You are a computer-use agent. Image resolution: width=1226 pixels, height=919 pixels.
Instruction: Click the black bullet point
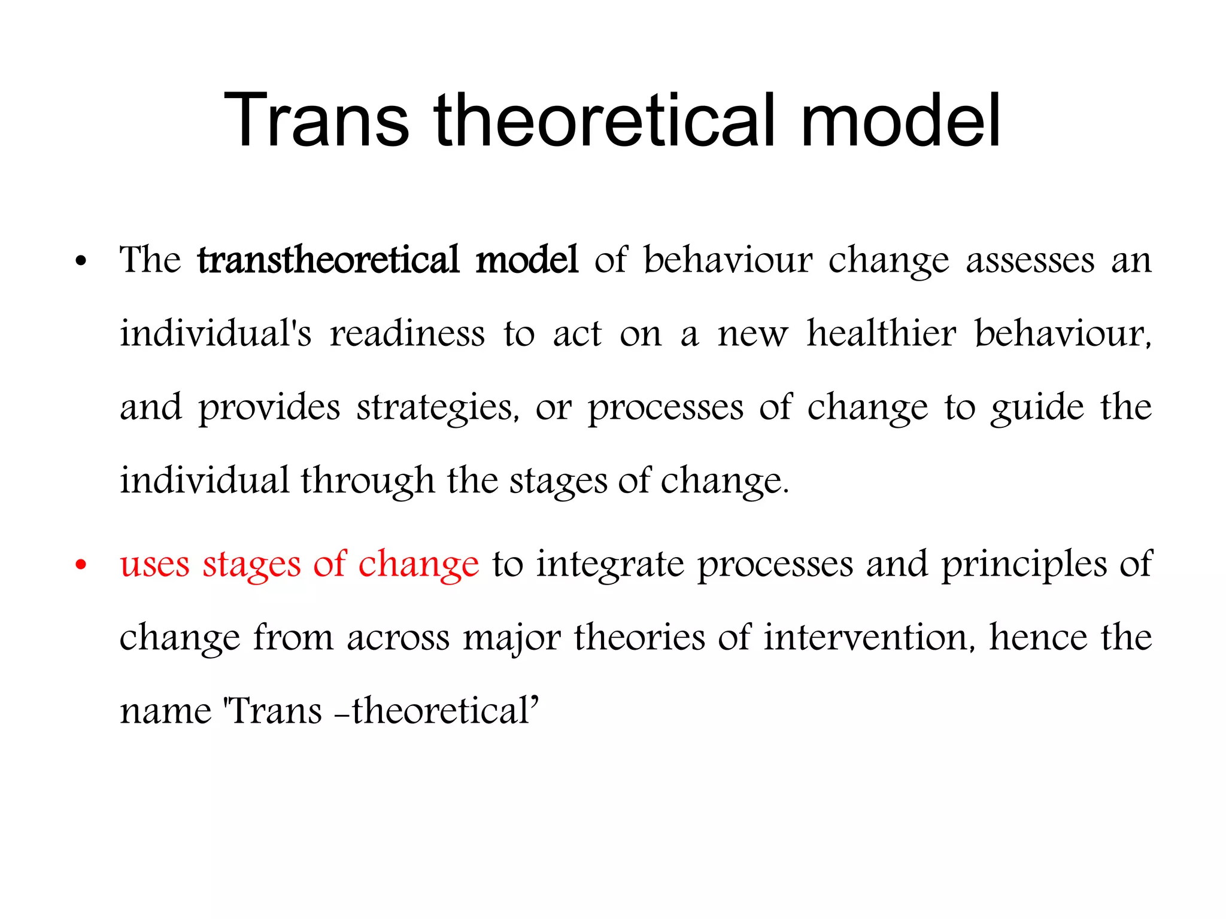[x=81, y=262]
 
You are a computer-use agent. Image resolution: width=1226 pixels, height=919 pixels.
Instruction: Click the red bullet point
[x=81, y=565]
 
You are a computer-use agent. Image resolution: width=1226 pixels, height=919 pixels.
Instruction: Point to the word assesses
[x=1030, y=261]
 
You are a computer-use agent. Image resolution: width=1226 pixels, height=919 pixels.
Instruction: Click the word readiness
[x=407, y=333]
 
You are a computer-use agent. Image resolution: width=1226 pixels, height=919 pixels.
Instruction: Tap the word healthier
[x=881, y=333]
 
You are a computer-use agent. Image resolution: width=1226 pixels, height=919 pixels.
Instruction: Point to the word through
[x=367, y=482]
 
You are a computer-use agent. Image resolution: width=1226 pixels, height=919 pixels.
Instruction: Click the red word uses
[x=154, y=564]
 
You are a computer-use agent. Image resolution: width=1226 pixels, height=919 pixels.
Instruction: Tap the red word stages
[x=251, y=565]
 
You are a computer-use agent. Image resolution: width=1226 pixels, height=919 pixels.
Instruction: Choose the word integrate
[x=609, y=565]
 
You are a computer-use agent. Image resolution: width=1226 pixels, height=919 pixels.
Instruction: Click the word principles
[x=1024, y=565]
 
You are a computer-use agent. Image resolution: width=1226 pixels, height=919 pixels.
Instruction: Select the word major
[x=512, y=638]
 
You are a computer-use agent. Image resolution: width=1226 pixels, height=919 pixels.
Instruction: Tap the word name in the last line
[x=166, y=711]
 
